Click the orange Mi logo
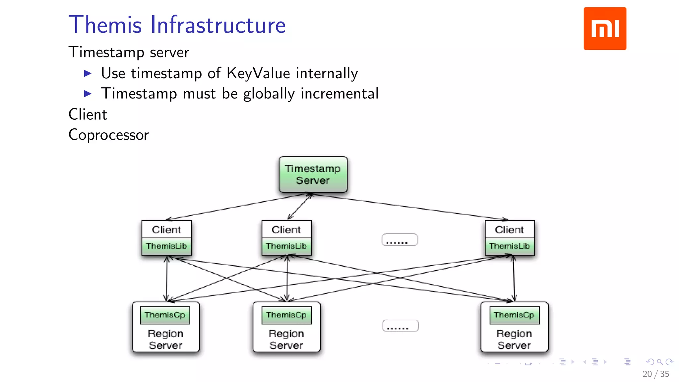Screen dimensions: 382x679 pyautogui.click(x=605, y=29)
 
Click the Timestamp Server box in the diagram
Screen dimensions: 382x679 pyautogui.click(x=313, y=174)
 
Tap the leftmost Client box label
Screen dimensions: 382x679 pyautogui.click(x=166, y=229)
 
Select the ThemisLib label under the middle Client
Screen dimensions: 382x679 pyautogui.click(x=286, y=246)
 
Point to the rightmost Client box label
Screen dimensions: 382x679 pyautogui.click(x=509, y=229)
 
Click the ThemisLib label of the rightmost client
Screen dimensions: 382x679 pyautogui.click(x=509, y=246)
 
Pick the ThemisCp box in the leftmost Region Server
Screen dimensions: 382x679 pyautogui.click(x=165, y=315)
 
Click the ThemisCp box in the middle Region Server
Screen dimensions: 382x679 pyautogui.click(x=286, y=315)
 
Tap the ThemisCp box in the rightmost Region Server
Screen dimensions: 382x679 pyautogui.click(x=514, y=315)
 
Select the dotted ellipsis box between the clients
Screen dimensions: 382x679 pyautogui.click(x=399, y=240)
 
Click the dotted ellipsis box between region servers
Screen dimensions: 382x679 pyautogui.click(x=400, y=326)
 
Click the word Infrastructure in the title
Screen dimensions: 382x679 pyautogui.click(x=218, y=25)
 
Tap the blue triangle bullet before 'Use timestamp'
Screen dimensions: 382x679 pyautogui.click(x=88, y=73)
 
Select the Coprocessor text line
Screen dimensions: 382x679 pyautogui.click(x=108, y=135)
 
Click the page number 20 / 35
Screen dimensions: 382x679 pyautogui.click(x=655, y=374)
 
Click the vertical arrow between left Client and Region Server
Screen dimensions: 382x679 pyautogui.click(x=166, y=279)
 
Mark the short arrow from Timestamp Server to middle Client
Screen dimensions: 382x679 pyautogui.click(x=300, y=207)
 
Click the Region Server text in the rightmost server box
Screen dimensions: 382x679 pyautogui.click(x=514, y=340)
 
